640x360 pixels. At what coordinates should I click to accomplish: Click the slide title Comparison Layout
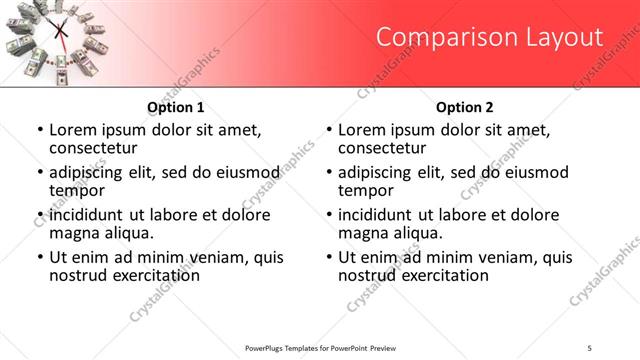(489, 38)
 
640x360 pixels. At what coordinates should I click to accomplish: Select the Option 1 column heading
(176, 107)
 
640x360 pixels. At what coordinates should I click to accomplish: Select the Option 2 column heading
(465, 107)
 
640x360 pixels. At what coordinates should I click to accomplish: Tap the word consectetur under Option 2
(383, 148)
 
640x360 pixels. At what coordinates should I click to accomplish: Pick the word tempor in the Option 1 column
(77, 190)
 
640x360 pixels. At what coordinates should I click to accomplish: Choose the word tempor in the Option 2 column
(366, 190)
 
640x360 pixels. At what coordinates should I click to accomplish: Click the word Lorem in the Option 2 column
(362, 130)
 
